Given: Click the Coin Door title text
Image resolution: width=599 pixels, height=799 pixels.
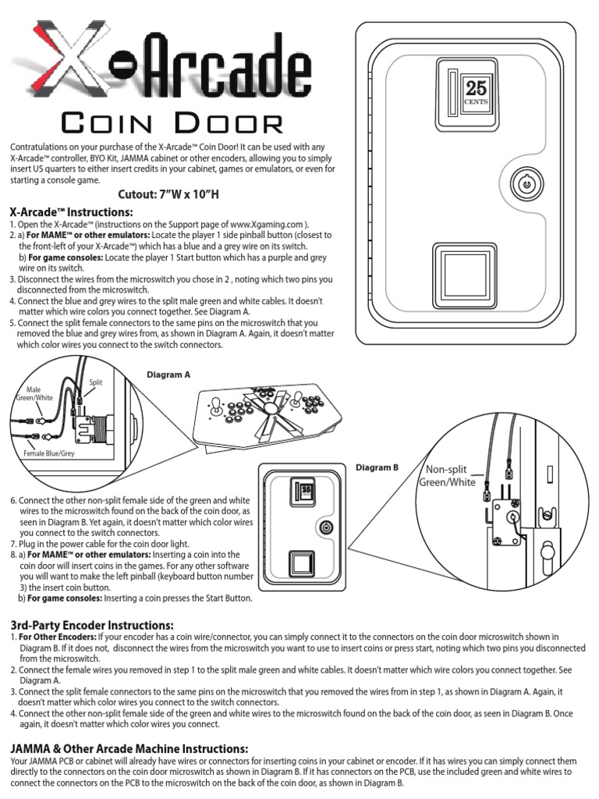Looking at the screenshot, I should click(x=172, y=123).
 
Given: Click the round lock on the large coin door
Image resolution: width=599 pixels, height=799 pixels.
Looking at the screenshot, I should click(x=526, y=185).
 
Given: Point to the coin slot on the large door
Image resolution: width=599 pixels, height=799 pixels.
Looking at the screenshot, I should click(x=452, y=92).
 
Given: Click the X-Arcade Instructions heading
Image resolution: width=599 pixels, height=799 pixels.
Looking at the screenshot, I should click(x=71, y=212).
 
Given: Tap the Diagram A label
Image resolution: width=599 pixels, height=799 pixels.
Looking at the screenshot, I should click(x=168, y=375).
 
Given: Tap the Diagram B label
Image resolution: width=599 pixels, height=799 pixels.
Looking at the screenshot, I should click(x=377, y=467).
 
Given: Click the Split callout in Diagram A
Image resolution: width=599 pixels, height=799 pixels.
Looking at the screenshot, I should click(x=95, y=382).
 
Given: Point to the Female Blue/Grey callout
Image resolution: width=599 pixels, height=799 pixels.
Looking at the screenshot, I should click(x=49, y=453).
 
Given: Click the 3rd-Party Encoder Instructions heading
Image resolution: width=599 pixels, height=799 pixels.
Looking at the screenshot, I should click(x=90, y=625).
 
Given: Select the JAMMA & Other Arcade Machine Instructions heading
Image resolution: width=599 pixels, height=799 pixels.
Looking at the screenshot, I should click(x=129, y=748).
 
